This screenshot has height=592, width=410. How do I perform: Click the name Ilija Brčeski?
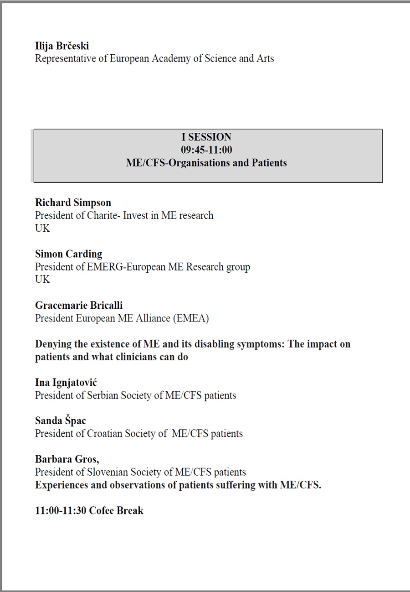pos(62,46)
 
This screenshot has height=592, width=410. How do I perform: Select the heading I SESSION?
pos(206,137)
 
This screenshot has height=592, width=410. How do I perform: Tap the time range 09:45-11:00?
pos(206,150)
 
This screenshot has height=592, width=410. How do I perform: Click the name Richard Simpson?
pos(73,203)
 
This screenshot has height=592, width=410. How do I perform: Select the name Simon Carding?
pos(68,254)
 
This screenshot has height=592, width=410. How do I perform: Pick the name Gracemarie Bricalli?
pos(79,305)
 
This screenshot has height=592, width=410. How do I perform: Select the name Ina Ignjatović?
pos(66,382)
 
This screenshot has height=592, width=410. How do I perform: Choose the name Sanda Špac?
pos(60,421)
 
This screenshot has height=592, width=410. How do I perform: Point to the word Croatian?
pos(106,433)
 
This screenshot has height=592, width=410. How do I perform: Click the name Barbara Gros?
pos(67,459)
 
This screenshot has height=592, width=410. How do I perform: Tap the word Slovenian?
pos(108,472)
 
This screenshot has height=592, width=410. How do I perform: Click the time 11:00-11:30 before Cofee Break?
pos(61,510)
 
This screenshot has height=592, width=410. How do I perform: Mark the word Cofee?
pos(102,510)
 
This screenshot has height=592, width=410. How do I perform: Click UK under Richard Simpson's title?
pos(42,228)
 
